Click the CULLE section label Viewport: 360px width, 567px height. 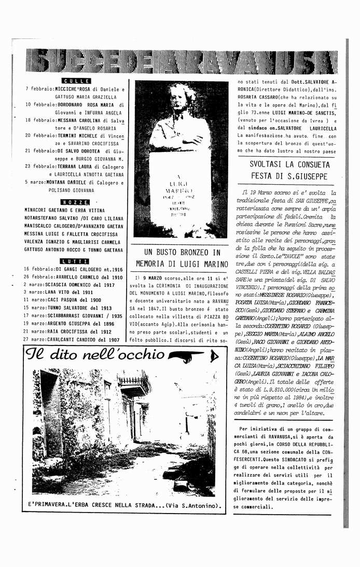[x=76, y=81]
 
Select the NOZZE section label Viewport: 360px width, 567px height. [x=75, y=202]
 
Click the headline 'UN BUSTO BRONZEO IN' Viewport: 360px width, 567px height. [x=178, y=253]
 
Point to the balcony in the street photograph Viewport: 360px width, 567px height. [x=134, y=384]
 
